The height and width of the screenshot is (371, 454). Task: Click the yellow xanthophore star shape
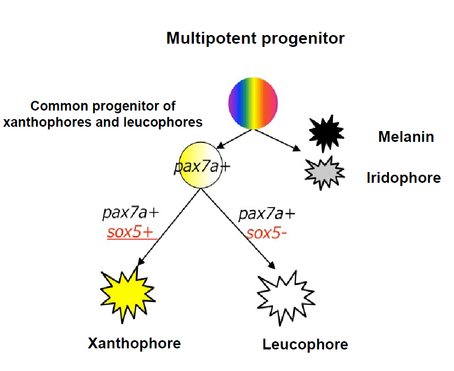[127, 294]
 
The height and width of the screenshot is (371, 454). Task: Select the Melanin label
[406, 137]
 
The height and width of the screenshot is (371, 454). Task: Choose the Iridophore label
[403, 178]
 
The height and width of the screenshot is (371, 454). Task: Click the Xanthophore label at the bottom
[134, 343]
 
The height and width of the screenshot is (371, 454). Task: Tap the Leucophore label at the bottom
[305, 345]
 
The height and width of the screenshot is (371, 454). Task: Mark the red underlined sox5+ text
[130, 233]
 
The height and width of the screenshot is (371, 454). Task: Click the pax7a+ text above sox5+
[131, 215]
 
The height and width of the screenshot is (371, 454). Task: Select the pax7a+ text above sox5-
[267, 215]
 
